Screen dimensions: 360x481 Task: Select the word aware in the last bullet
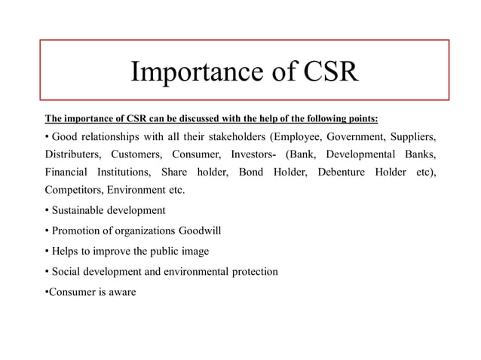(121, 291)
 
